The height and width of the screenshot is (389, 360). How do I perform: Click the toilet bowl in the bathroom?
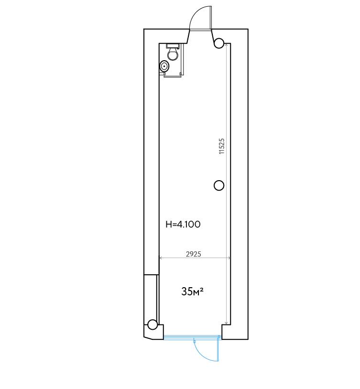173,54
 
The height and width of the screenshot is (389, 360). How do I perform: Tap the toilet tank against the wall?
173,46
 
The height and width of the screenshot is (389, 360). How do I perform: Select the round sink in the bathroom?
164,66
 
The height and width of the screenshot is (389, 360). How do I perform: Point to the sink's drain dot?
164,66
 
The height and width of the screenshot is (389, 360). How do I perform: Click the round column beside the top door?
219,43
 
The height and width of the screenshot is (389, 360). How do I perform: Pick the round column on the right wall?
219,185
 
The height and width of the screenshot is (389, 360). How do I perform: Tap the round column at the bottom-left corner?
153,324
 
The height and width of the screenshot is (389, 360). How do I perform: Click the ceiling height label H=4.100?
183,224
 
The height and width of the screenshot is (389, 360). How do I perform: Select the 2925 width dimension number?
194,254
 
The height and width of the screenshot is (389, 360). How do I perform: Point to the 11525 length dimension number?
221,146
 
